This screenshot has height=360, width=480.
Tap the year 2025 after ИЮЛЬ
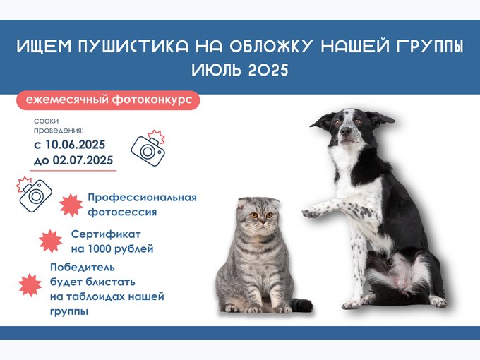(x=268, y=70)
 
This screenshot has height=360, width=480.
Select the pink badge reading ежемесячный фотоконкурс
(x=108, y=100)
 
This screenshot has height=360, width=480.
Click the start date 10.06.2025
(x=76, y=145)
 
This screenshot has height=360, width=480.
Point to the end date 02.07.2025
(x=83, y=160)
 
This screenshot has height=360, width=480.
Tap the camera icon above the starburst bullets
(x=35, y=194)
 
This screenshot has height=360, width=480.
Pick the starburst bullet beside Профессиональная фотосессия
(x=71, y=205)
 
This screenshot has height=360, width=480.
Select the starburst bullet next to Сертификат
(x=51, y=241)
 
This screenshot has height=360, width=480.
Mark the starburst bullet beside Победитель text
(x=30, y=285)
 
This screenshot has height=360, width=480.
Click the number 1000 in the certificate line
(x=100, y=249)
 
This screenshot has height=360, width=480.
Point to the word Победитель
(x=83, y=268)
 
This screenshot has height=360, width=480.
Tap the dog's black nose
(x=346, y=131)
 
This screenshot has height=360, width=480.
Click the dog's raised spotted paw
(x=312, y=212)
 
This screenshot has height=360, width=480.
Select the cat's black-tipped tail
(x=301, y=305)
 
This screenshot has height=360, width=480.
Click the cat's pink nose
(x=262, y=221)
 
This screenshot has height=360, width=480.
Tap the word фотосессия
(x=122, y=212)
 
